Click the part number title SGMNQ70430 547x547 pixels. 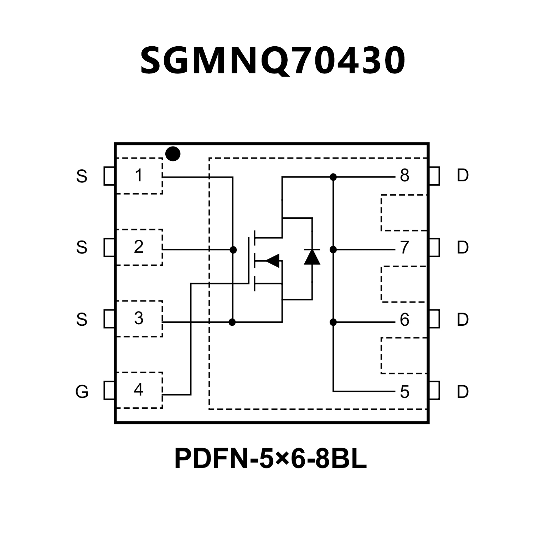(273, 61)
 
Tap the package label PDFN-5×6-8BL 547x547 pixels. (270, 459)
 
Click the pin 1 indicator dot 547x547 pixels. (173, 154)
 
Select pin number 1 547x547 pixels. (139, 175)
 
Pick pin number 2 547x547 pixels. (139, 247)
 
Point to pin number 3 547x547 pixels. (139, 318)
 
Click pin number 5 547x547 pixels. (404, 392)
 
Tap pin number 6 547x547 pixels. (404, 320)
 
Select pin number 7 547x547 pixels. (404, 248)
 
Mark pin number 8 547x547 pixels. (404, 175)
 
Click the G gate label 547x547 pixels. (82, 392)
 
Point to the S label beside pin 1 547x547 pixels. (82, 176)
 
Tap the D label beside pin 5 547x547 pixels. (463, 392)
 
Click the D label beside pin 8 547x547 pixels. (463, 175)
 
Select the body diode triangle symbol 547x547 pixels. (312, 257)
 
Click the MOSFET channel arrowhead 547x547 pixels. (273, 260)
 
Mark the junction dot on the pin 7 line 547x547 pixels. (333, 250)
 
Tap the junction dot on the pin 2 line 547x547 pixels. (233, 250)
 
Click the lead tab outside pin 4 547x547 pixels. (109, 390)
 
